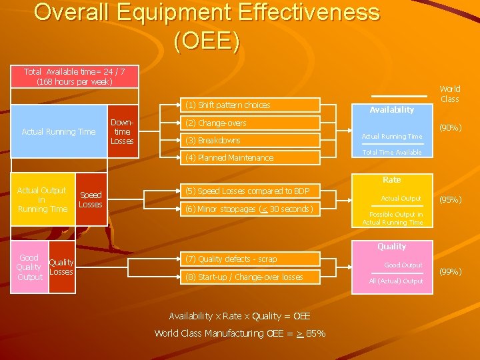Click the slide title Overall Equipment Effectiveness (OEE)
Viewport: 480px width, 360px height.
point(207,27)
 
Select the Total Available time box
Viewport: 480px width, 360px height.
point(75,76)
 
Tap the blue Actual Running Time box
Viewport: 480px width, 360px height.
point(59,132)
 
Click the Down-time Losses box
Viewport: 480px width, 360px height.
point(122,132)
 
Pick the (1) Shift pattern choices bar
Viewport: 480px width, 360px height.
point(251,105)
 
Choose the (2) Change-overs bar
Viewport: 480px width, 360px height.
point(251,123)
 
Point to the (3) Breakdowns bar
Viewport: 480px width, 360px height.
point(251,141)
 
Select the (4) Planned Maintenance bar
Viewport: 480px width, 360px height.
point(251,158)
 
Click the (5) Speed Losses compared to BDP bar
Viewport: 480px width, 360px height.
point(251,191)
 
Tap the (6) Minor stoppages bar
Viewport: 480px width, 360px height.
point(251,209)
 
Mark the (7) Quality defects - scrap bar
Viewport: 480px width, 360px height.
point(251,259)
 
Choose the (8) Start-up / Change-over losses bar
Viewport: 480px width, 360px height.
point(251,277)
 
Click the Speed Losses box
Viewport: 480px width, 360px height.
point(91,199)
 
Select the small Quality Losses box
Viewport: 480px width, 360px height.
point(61,267)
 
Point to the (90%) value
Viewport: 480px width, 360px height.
point(450,128)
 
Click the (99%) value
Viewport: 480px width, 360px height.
point(450,271)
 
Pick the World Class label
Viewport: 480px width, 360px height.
point(449,94)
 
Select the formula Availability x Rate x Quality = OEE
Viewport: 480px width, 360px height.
point(239,316)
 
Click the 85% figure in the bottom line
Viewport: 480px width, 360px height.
point(316,333)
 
